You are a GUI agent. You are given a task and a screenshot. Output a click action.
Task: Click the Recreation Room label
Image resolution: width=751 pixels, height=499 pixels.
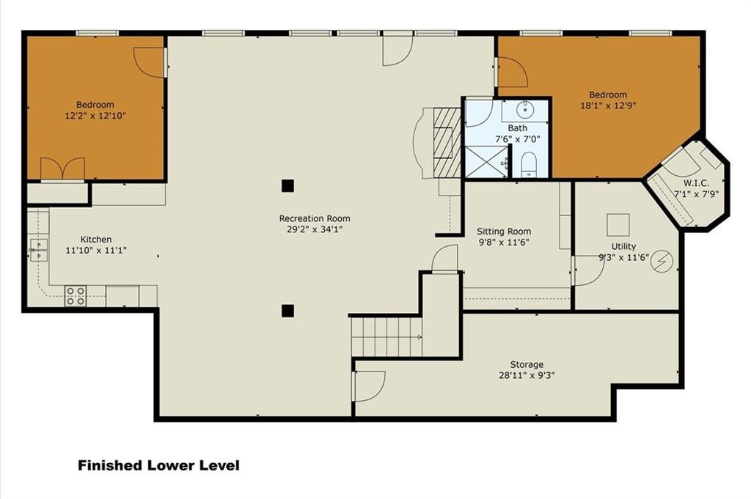[315, 218]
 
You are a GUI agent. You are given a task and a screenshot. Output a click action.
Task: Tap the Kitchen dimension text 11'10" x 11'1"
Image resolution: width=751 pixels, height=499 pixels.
[96, 250]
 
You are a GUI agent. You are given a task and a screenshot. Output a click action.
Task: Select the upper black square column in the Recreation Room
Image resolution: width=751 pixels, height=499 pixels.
[287, 185]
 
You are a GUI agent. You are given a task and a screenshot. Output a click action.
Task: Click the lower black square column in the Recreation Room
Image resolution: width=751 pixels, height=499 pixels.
[287, 311]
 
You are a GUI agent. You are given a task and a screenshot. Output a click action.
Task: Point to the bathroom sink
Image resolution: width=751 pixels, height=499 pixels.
[525, 110]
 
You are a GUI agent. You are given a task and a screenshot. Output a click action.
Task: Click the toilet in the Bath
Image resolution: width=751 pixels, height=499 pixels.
[529, 164]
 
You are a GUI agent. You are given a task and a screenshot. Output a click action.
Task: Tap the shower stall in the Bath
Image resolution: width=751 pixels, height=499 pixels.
[486, 162]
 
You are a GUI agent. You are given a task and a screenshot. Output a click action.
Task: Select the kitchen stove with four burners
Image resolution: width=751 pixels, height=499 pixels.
[76, 296]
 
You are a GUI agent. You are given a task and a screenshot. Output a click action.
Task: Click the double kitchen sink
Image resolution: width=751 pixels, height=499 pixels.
[38, 250]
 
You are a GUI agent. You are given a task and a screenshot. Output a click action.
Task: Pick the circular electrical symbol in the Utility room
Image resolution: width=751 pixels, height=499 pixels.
[662, 262]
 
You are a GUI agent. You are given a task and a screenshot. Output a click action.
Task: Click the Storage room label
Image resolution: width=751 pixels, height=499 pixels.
[527, 365]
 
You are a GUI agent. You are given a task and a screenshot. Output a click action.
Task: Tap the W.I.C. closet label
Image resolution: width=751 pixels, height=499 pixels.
[696, 183]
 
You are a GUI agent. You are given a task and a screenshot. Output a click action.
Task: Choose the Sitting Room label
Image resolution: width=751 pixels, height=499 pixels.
[504, 232]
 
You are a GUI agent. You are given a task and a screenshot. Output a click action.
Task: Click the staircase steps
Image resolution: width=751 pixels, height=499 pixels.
[387, 337]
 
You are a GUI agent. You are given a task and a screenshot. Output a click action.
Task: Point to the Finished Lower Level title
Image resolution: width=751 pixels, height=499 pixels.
[158, 465]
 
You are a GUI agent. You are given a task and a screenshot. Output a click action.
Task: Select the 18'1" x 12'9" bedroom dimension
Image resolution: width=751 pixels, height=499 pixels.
[608, 106]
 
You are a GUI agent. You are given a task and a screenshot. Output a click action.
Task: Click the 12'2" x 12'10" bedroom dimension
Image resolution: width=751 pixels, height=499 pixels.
[95, 116]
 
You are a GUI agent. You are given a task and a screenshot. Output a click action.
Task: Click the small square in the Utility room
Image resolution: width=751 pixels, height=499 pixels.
[618, 225]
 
